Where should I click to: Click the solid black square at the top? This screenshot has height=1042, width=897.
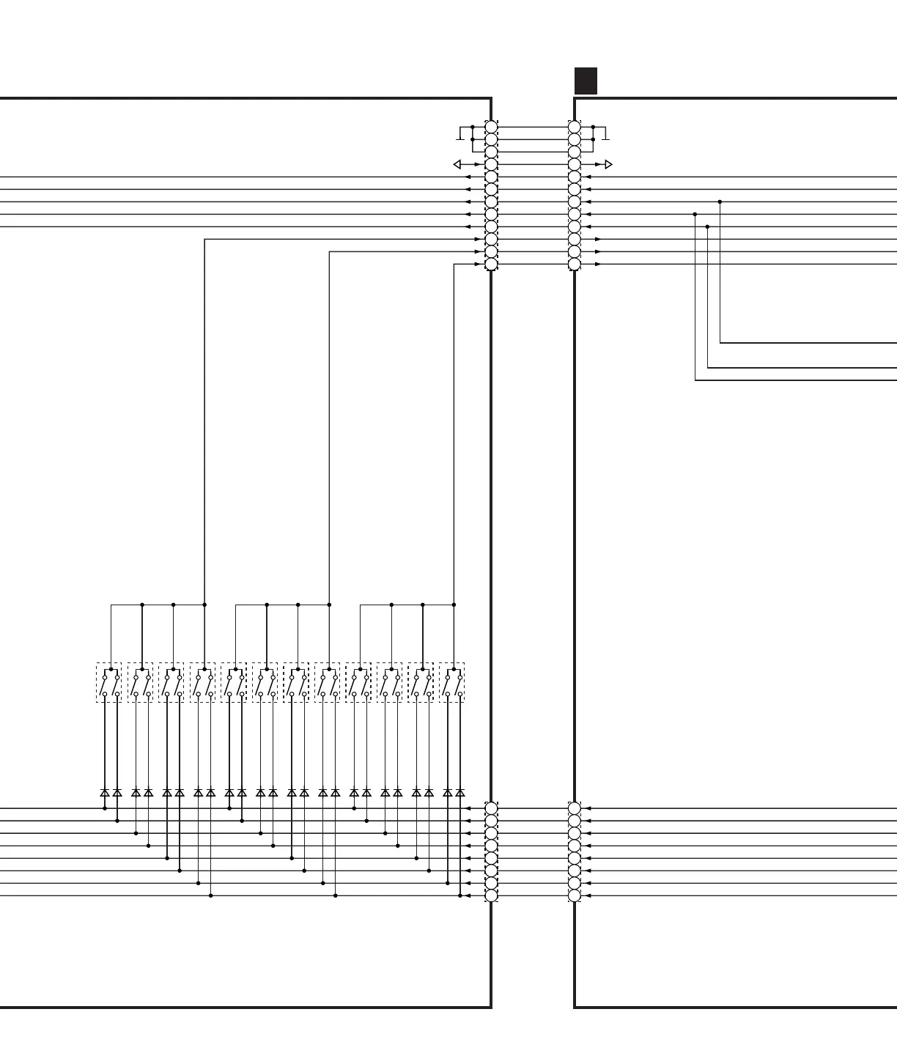pos(586,81)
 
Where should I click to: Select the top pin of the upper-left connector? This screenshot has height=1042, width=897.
pos(491,127)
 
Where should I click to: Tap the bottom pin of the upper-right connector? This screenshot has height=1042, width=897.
pos(575,264)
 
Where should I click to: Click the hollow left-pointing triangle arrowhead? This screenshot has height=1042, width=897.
pos(457,164)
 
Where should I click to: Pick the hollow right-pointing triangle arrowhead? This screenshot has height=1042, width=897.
pos(608,164)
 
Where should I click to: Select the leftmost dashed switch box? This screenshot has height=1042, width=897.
pos(108,682)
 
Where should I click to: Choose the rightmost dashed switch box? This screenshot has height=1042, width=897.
pos(451,682)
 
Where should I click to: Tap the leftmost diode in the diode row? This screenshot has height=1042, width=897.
pos(105,793)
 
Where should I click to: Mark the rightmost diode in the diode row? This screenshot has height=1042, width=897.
pos(460,793)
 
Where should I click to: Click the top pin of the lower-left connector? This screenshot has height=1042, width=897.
pos(491,808)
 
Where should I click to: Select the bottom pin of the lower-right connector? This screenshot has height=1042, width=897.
pos(575,895)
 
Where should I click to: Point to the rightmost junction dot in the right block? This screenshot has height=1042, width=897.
pos(720,202)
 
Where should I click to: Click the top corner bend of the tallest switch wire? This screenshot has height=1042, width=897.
pos(204,239)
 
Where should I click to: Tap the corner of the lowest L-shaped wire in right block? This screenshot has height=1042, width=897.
pos(695,380)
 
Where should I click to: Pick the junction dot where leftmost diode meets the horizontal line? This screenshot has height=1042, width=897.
pos(105,808)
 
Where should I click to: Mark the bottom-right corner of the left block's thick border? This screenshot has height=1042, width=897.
pos(491,1007)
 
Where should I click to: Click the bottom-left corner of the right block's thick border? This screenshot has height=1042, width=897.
pos(575,1007)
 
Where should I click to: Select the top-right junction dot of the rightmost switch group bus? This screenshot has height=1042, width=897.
pos(454,605)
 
